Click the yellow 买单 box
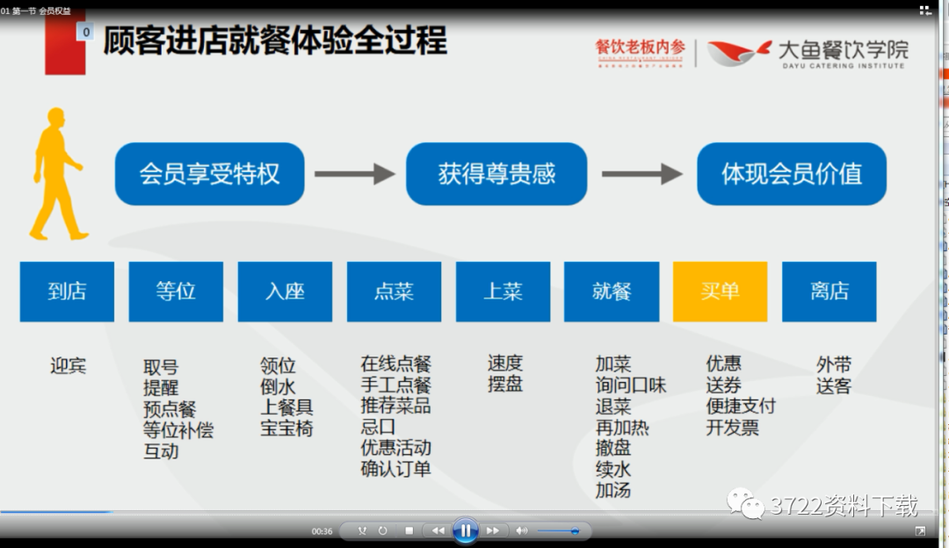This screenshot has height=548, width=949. click(720, 292)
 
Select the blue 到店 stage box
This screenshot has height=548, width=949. click(67, 292)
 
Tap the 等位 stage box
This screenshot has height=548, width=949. click(176, 292)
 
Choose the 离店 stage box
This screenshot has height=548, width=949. click(829, 292)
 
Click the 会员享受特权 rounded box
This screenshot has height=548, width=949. click(209, 174)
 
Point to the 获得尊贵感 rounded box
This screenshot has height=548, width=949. click(496, 174)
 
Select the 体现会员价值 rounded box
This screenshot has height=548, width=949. click(791, 174)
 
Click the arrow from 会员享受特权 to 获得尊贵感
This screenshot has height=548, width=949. click(354, 174)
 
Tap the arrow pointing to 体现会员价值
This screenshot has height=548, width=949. click(641, 174)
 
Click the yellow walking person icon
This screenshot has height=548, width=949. click(58, 176)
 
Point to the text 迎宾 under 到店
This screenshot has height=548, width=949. click(68, 365)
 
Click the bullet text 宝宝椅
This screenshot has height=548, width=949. click(286, 429)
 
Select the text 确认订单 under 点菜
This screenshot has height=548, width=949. click(395, 469)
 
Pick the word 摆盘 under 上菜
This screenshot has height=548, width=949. click(505, 385)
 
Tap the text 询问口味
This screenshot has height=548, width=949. click(631, 386)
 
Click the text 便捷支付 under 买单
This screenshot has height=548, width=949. click(741, 407)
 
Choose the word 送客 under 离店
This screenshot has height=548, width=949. click(834, 386)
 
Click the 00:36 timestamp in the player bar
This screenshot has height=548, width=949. click(322, 531)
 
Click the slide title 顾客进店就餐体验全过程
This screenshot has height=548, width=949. click(274, 41)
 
